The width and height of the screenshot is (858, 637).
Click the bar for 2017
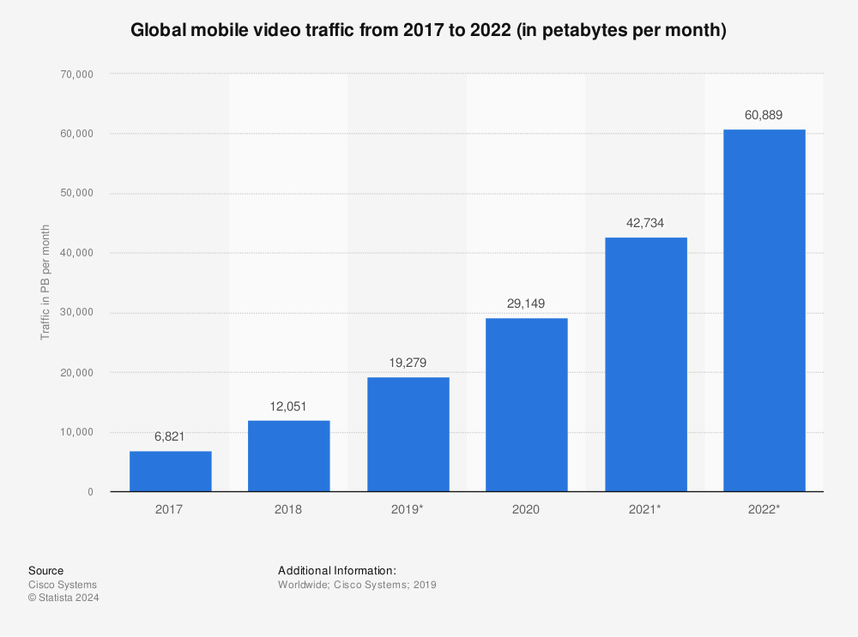170,471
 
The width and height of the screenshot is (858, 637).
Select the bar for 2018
289,455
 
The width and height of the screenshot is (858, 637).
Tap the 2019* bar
408,434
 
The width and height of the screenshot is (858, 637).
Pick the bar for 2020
527,405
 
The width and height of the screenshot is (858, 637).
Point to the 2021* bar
645,364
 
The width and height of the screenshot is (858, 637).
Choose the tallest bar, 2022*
764,310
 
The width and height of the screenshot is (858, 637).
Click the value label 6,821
170,437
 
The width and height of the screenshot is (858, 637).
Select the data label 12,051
289,406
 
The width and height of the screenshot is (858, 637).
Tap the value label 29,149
527,303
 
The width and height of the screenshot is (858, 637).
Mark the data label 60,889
764,115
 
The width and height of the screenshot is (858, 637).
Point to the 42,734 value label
645,223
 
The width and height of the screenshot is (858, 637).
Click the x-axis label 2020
527,509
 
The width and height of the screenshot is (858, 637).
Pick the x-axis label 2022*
764,509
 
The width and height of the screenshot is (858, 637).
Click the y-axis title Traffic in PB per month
45,283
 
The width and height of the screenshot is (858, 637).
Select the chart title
428,31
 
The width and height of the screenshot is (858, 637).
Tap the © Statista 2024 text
63,598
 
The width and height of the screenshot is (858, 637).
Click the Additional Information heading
337,571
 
